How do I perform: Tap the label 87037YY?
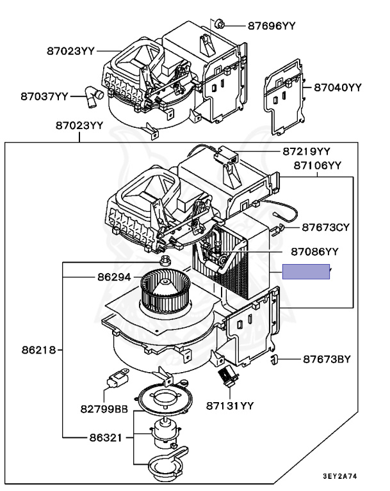click(x=44, y=96)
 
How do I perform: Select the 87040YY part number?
click(x=338, y=88)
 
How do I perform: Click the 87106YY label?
click(x=318, y=166)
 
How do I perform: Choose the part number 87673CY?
click(x=326, y=227)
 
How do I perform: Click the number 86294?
click(x=114, y=278)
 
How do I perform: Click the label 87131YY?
click(x=230, y=405)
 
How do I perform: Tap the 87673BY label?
click(x=327, y=359)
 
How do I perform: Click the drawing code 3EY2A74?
click(x=341, y=477)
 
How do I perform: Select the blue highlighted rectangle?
click(x=307, y=272)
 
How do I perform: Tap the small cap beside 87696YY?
click(x=220, y=24)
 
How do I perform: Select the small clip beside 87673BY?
click(x=276, y=359)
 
